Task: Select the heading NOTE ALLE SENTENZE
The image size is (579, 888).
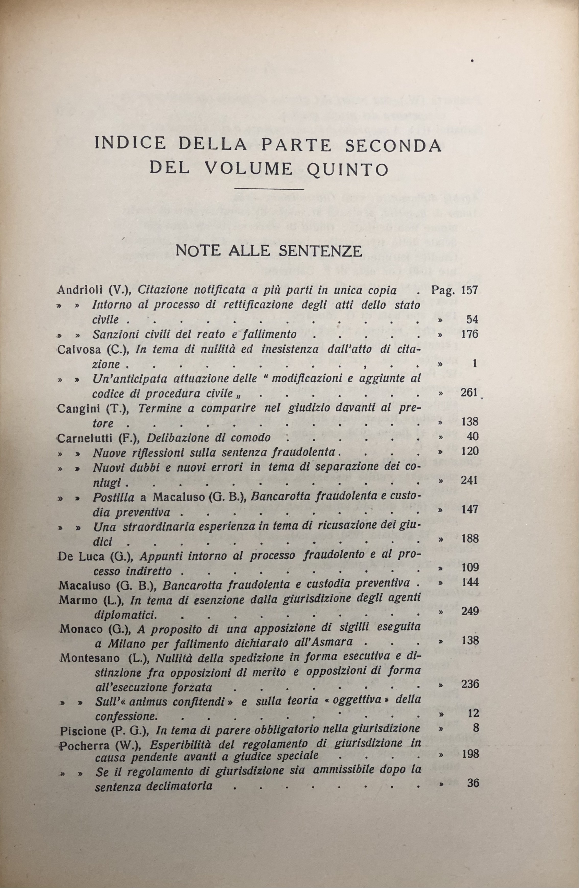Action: pos(269,251)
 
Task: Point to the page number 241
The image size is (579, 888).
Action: pos(469,481)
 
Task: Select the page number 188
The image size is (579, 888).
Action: pos(469,539)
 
